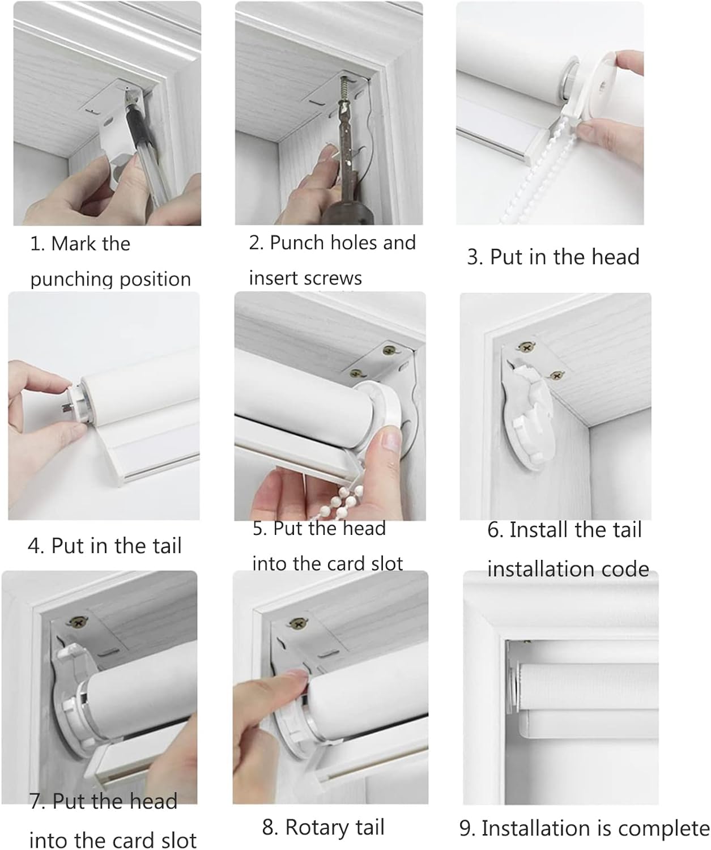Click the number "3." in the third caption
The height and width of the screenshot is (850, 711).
(x=475, y=257)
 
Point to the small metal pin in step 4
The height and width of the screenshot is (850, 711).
(x=65, y=407)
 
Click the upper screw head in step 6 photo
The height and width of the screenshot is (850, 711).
(x=527, y=347)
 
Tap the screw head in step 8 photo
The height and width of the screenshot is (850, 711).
(x=299, y=622)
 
